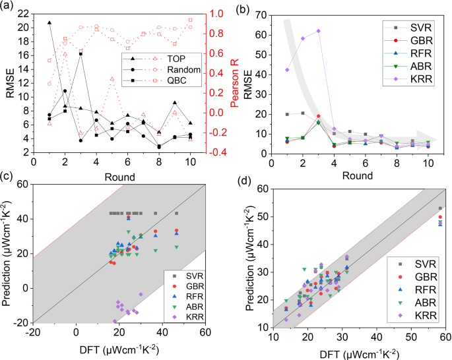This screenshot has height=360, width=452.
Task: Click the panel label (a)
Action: (9, 7)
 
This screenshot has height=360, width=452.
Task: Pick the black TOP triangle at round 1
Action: (49, 22)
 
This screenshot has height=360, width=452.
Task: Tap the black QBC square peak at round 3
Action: (81, 53)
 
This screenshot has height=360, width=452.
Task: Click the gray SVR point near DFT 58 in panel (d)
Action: (440, 208)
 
